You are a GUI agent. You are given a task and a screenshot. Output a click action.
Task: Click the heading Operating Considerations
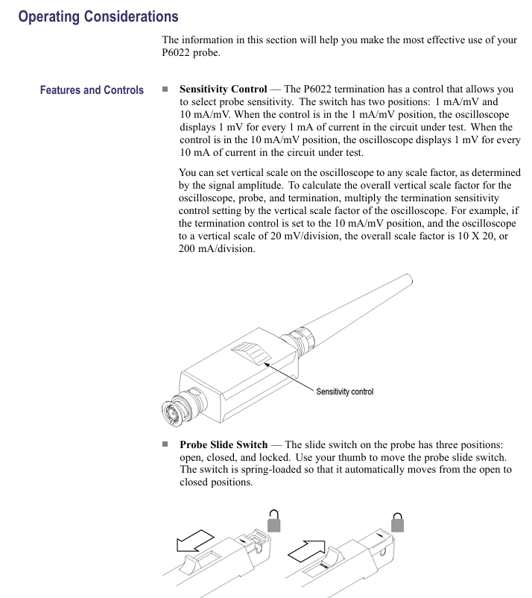pyautogui.click(x=98, y=16)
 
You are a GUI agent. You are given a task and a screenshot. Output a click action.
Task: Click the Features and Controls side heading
pyautogui.click(x=92, y=90)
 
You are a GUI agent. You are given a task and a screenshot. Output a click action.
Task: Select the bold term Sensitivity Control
pyautogui.click(x=223, y=89)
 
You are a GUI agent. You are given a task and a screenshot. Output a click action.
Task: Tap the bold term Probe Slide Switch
pyautogui.click(x=224, y=444)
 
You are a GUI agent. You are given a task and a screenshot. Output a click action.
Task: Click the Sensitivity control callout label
pyautogui.click(x=344, y=391)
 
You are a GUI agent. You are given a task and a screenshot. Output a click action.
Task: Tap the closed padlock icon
pyautogui.click(x=398, y=521)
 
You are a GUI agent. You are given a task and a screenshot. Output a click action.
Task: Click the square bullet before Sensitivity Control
pyautogui.click(x=165, y=89)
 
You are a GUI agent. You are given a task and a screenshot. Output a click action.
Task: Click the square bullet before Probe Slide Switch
pyautogui.click(x=165, y=444)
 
